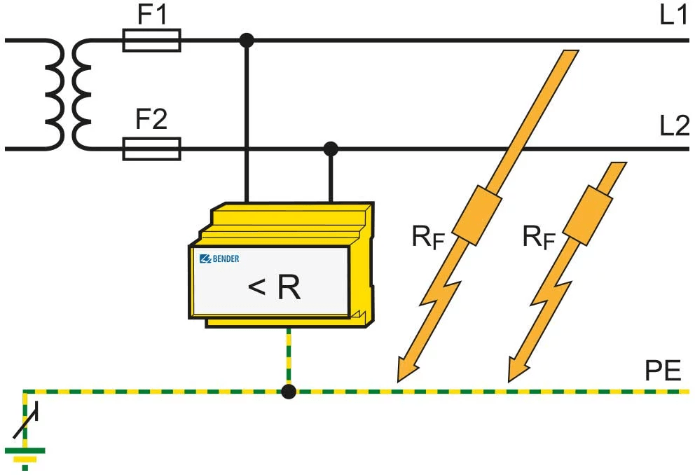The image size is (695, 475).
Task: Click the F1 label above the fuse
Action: point(151,15)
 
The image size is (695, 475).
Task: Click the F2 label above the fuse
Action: point(151,121)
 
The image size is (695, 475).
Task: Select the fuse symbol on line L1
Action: point(151,41)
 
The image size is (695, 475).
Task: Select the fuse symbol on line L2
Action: point(151,149)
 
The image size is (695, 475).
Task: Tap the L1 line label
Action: point(673,15)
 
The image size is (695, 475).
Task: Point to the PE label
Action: point(662,371)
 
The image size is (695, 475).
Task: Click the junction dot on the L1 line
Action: point(246,41)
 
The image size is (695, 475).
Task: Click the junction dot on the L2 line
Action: point(331,149)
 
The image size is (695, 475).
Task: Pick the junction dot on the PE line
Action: point(288,392)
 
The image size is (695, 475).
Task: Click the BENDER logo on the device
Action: point(219,259)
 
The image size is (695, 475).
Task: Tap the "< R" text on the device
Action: point(274,288)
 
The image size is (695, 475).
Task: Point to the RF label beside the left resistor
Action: point(428,238)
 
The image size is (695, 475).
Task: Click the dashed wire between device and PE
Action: point(288,357)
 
